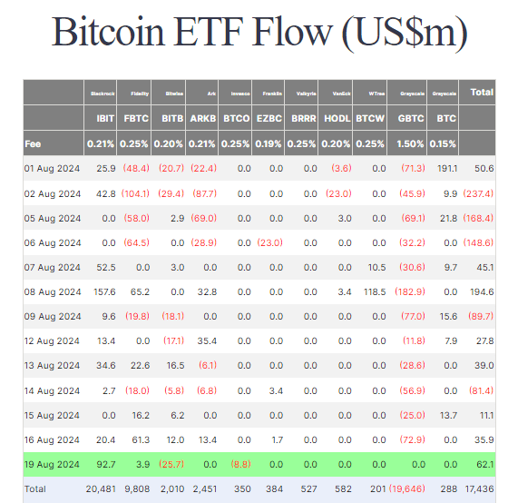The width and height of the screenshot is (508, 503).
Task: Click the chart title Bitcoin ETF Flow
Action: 259,33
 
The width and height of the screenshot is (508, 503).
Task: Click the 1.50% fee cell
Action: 411,143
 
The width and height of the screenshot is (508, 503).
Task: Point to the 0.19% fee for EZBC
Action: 269,143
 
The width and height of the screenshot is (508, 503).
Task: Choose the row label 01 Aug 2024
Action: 53,169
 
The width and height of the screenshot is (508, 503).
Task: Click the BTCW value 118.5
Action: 372,291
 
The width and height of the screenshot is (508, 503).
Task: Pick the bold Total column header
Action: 481,92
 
